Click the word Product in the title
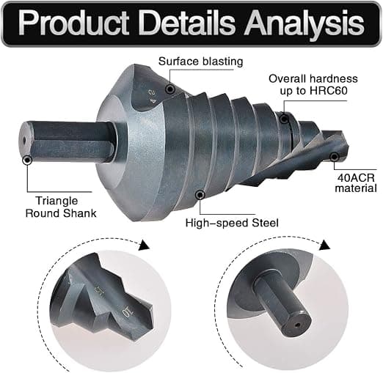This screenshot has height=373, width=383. coord(73,23)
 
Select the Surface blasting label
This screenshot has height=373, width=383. coord(200,61)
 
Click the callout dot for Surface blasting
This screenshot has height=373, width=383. coord(170,89)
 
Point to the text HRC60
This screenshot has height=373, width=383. coord(328,91)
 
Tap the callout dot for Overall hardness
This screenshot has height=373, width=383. coord(284,119)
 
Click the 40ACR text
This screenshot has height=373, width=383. coord(356,177)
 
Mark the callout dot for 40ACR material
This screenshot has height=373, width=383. coord(334,157)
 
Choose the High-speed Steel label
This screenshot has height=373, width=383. coord(232,223)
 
